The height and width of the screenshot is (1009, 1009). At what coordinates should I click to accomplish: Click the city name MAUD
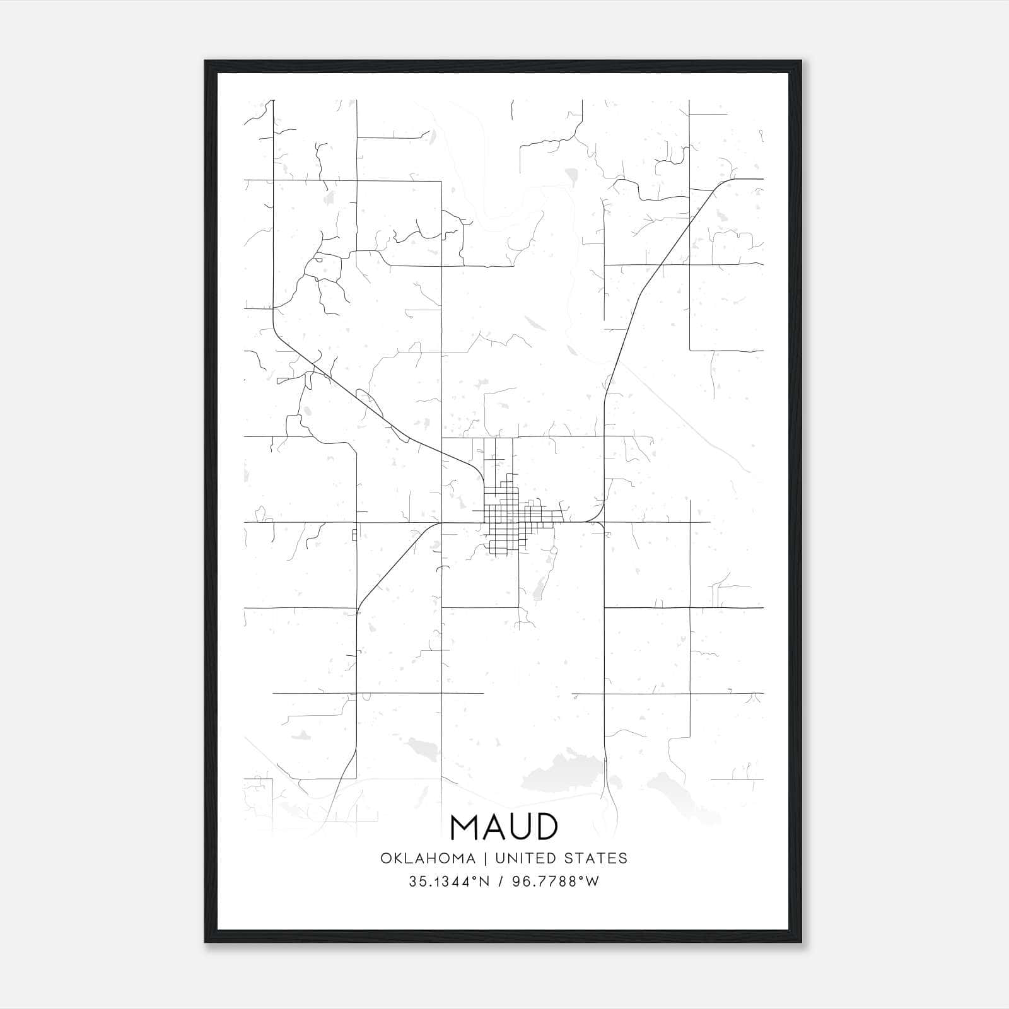pos(503,827)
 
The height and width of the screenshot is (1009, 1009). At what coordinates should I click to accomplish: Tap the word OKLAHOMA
pos(427,858)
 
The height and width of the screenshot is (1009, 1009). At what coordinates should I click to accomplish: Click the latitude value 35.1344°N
pos(448,882)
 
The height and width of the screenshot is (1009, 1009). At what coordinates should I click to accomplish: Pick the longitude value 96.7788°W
pos(556,882)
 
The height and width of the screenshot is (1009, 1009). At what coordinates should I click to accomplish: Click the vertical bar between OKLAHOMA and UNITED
pos(486,858)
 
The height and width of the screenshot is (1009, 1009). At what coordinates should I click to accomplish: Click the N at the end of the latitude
pos(484,882)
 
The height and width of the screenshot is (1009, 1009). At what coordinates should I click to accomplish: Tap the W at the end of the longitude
pos(592,882)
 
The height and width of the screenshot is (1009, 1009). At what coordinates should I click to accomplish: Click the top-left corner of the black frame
pos(206,62)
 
